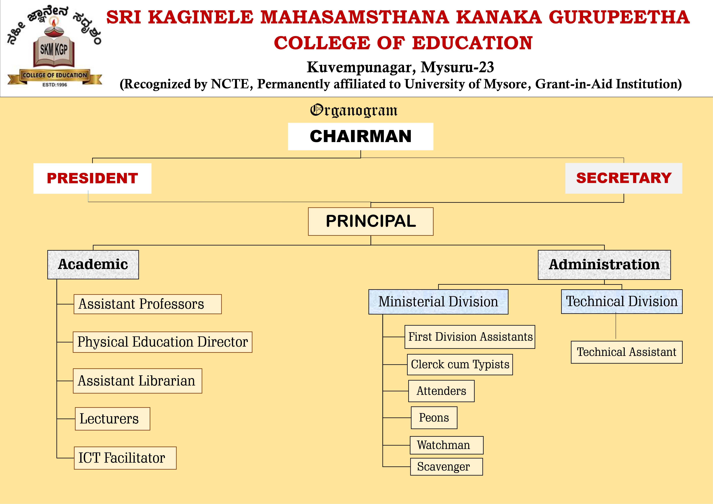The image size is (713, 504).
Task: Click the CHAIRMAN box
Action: (361, 137)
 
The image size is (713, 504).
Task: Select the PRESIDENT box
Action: (92, 178)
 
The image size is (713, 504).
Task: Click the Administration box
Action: (604, 265)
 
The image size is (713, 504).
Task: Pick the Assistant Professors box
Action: (148, 304)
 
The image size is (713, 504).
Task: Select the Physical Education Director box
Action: (162, 342)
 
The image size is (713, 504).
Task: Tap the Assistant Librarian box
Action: (138, 381)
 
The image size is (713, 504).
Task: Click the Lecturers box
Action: (112, 419)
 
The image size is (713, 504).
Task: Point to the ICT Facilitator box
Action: (125, 458)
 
